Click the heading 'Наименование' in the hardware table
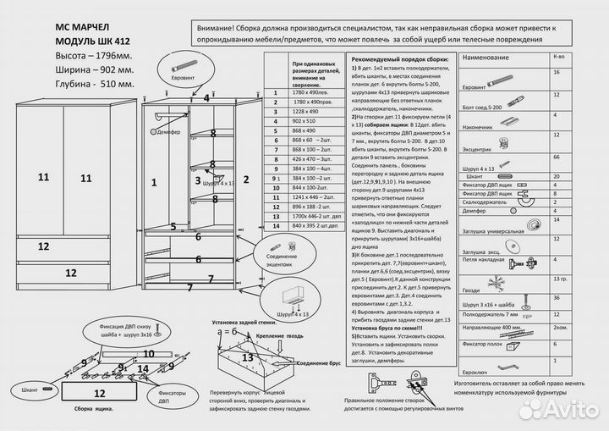click(x=486, y=58)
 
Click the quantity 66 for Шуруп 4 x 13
click(x=557, y=157)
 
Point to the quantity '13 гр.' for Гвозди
click(x=559, y=279)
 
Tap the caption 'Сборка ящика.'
click(x=95, y=409)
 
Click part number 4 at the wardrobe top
click(x=206, y=97)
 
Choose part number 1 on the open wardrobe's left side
click(x=154, y=181)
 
